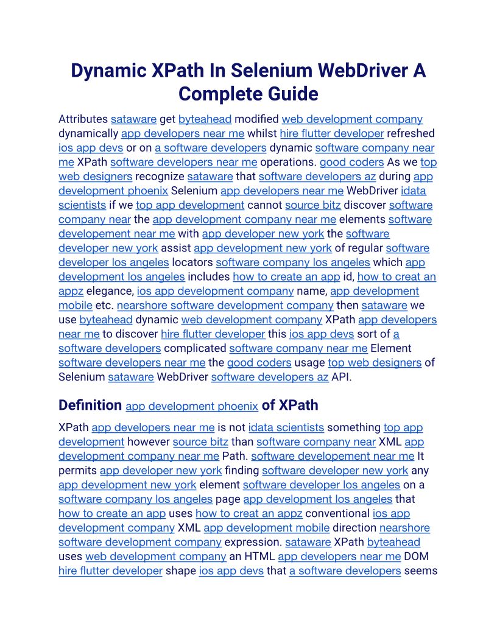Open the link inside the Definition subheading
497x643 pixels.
[x=192, y=406]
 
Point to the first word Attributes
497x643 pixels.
[x=83, y=119]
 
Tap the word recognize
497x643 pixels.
[x=160, y=177]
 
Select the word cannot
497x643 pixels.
[x=264, y=205]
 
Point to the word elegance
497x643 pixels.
[x=110, y=291]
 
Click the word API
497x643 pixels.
[x=342, y=377]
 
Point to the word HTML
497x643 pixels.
[x=259, y=557]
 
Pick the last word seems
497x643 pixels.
[x=421, y=571]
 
